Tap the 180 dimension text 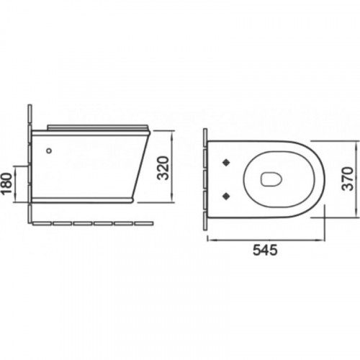[6, 184]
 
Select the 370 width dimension [348, 179]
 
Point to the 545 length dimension [265, 250]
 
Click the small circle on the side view [49, 150]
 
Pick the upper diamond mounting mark [226, 163]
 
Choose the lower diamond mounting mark [226, 197]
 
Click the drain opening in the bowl [271, 179]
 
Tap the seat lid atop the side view [98, 127]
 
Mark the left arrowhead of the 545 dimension [210, 240]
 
